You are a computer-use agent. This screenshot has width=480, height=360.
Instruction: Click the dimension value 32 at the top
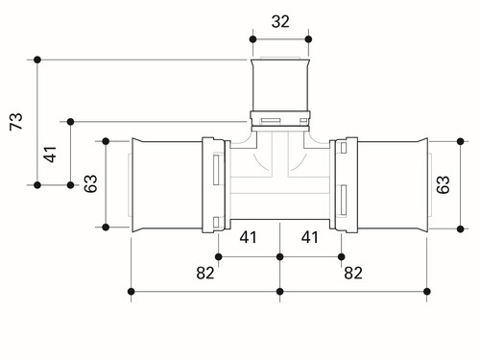pos(280,22)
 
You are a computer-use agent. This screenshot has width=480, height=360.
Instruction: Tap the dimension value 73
pos(16,121)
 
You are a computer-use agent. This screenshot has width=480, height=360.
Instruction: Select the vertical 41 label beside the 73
pos(50,155)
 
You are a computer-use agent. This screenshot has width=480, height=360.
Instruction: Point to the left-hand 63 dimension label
pos(90,183)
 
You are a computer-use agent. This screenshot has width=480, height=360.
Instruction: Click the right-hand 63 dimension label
pos(444,184)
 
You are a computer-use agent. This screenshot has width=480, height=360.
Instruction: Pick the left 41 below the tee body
pos(249,237)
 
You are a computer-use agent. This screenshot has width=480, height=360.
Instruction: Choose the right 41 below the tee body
pos(310,237)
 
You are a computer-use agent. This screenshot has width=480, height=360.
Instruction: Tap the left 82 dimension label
pos(205,273)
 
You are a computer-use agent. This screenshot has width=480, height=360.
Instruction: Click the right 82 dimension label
pos(353,273)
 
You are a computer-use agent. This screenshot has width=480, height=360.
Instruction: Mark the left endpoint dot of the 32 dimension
pos(252,39)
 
